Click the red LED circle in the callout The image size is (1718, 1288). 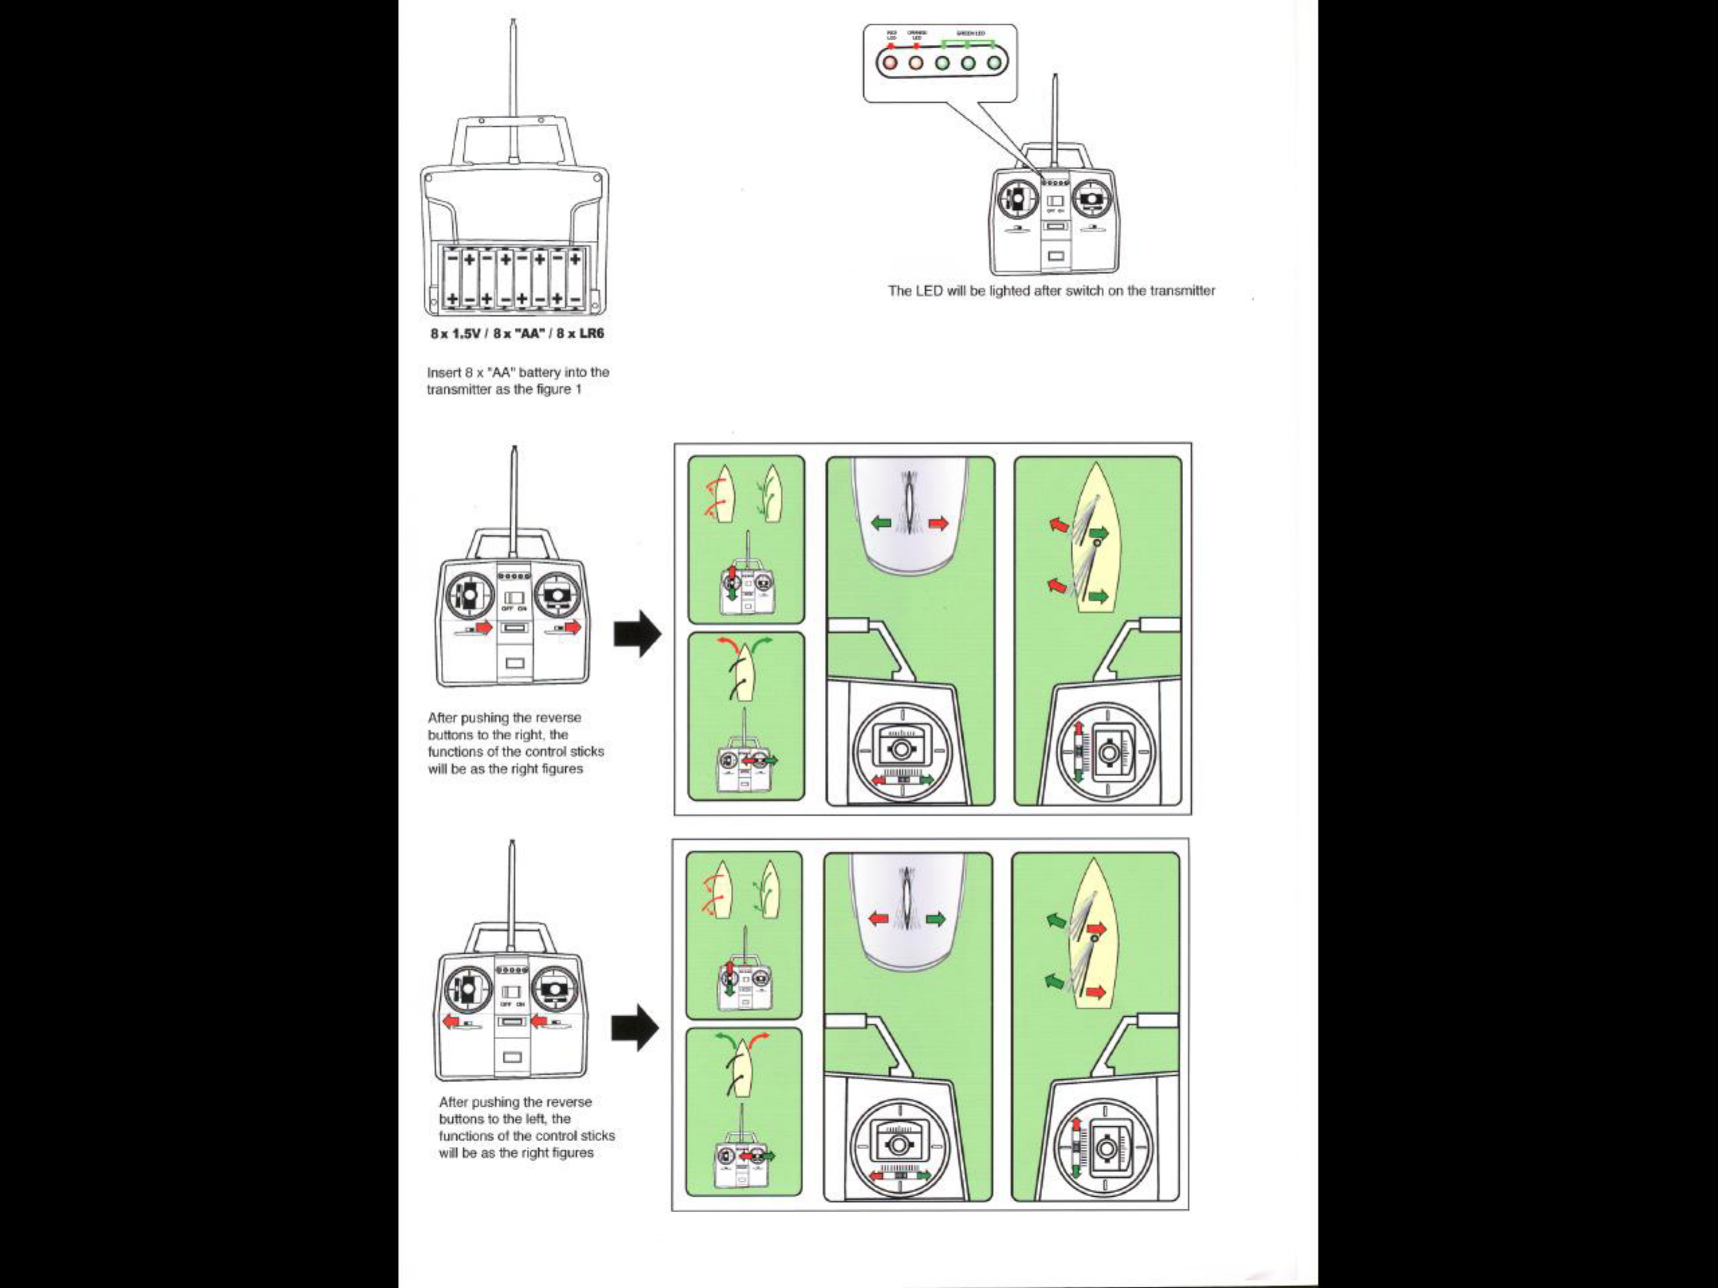[x=890, y=61]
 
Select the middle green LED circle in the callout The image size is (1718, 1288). [x=968, y=61]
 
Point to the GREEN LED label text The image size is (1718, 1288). [x=970, y=34]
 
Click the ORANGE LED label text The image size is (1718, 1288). [x=917, y=35]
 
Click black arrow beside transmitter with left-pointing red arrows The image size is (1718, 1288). [x=636, y=1028]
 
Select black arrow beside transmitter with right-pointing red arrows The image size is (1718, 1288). [x=638, y=633]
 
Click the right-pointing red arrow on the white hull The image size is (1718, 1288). [x=939, y=524]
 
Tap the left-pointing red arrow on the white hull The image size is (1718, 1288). [x=879, y=919]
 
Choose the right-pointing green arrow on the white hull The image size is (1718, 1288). [x=936, y=919]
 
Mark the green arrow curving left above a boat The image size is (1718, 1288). [x=725, y=1038]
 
